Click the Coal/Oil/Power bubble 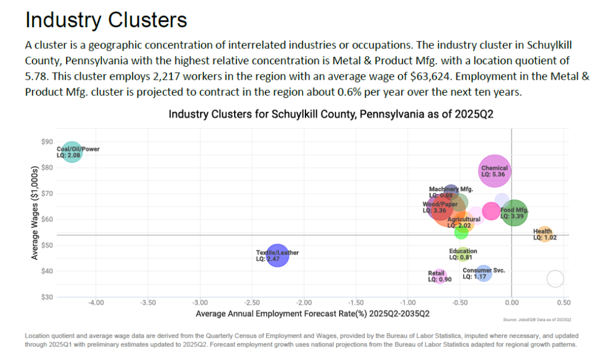pyautogui.click(x=72, y=152)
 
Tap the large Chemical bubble pyautogui.click(x=494, y=171)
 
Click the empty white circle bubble pyautogui.click(x=555, y=279)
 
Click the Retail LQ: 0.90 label pyautogui.click(x=439, y=276)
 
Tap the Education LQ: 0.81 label pyautogui.click(x=463, y=254)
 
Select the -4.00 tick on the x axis pyautogui.click(x=96, y=303)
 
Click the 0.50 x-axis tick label pyautogui.click(x=563, y=303)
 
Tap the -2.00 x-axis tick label pyautogui.click(x=304, y=303)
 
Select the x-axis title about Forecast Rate pyautogui.click(x=313, y=313)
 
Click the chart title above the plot pyautogui.click(x=331, y=114)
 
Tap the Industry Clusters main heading pyautogui.click(x=106, y=20)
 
